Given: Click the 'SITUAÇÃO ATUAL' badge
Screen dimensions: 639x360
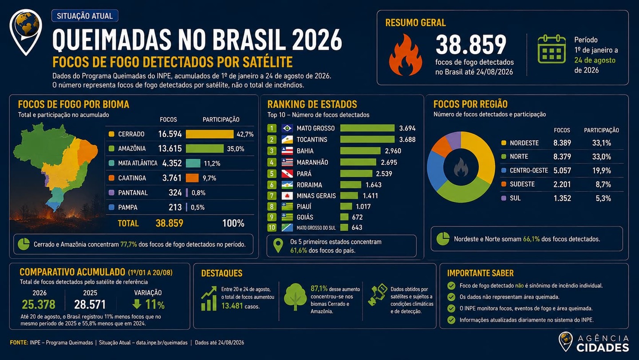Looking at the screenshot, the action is pyautogui.click(x=85, y=16).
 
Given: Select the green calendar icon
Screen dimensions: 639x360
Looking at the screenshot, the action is pyautogui.click(x=552, y=49).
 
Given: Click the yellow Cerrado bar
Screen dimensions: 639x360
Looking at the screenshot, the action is pyautogui.click(x=209, y=134).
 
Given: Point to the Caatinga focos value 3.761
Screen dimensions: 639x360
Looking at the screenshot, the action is pyautogui.click(x=172, y=178).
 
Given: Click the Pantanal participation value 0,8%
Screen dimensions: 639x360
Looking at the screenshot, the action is pyautogui.click(x=198, y=193).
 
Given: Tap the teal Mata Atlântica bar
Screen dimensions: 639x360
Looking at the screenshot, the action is pyautogui.click(x=193, y=163).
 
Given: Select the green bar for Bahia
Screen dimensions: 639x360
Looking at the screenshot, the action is pyautogui.click(x=360, y=151).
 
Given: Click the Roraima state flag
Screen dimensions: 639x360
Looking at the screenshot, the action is pyautogui.click(x=287, y=185).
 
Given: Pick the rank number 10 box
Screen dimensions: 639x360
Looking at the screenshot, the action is pyautogui.click(x=272, y=227).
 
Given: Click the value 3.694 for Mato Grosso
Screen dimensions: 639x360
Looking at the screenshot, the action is pyautogui.click(x=407, y=128).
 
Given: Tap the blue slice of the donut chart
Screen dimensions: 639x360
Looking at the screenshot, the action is pyautogui.click(x=436, y=170).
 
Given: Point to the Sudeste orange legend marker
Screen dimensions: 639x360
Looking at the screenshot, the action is pyautogui.click(x=504, y=184).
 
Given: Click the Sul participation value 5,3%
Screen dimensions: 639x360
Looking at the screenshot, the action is pyautogui.click(x=603, y=198).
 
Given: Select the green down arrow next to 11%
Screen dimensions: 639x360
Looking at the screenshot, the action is pyautogui.click(x=137, y=304).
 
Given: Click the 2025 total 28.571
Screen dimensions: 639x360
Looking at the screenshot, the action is pyautogui.click(x=90, y=305).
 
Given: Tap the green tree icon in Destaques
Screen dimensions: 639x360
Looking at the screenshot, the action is pyautogui.click(x=295, y=297).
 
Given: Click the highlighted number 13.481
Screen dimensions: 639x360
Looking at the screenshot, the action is pyautogui.click(x=232, y=306).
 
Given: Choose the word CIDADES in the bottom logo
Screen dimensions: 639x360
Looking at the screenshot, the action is pyautogui.click(x=603, y=348).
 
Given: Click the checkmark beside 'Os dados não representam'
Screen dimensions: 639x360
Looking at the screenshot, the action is pyautogui.click(x=451, y=297).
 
